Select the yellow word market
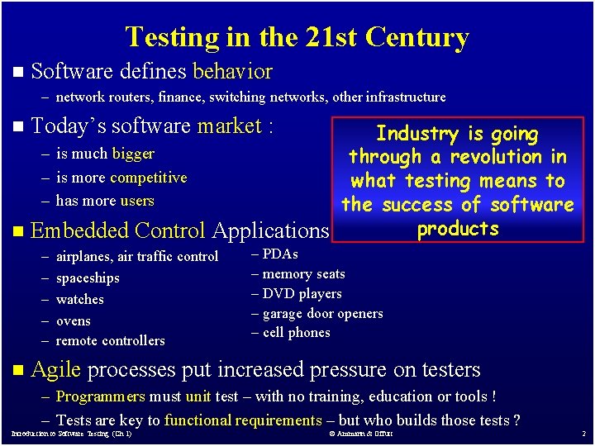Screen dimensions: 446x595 click(229, 126)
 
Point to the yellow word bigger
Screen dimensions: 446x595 click(133, 154)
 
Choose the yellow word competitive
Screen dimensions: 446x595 click(148, 178)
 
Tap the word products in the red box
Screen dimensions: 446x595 click(458, 229)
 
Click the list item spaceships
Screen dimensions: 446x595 click(88, 278)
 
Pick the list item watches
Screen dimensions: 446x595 click(80, 300)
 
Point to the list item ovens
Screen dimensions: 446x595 click(74, 321)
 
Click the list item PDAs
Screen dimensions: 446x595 click(280, 254)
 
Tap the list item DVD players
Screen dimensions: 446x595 click(302, 294)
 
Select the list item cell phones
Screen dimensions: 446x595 click(296, 333)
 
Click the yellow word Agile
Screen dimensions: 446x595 click(55, 370)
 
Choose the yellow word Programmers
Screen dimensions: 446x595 click(100, 397)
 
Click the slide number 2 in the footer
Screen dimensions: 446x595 click(583, 434)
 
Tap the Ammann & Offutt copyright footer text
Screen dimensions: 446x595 click(360, 434)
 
